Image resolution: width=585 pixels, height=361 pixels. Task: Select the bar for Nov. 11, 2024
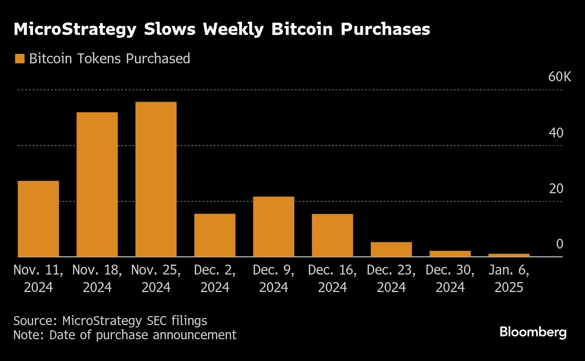click(x=38, y=219)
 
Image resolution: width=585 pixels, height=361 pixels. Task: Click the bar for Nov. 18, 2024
click(x=97, y=184)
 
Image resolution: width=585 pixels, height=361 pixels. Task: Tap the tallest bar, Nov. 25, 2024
click(x=156, y=179)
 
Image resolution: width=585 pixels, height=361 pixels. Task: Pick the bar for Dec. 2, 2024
click(x=215, y=235)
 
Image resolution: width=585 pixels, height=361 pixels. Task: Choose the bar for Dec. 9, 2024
click(x=274, y=227)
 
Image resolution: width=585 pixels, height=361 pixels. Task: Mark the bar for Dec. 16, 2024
click(x=332, y=235)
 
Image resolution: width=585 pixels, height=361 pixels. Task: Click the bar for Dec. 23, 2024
click(x=391, y=249)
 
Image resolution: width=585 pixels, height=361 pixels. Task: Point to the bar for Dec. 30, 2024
click(x=450, y=254)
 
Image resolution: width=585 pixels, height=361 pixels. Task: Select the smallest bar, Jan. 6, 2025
click(x=509, y=255)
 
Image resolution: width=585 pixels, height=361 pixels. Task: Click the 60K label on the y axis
click(x=560, y=77)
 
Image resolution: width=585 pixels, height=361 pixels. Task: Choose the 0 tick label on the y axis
click(x=560, y=244)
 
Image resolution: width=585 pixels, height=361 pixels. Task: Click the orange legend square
click(x=19, y=59)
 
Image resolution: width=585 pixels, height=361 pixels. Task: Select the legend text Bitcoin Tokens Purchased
click(x=109, y=59)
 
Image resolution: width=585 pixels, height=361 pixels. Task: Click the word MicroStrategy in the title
click(x=75, y=29)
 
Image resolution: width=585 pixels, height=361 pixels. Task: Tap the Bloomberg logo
click(x=533, y=332)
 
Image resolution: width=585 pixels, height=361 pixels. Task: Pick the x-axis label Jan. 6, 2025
click(x=509, y=278)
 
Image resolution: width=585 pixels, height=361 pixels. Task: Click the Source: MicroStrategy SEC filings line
click(x=110, y=320)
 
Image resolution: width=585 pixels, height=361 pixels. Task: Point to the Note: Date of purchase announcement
click(x=125, y=335)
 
